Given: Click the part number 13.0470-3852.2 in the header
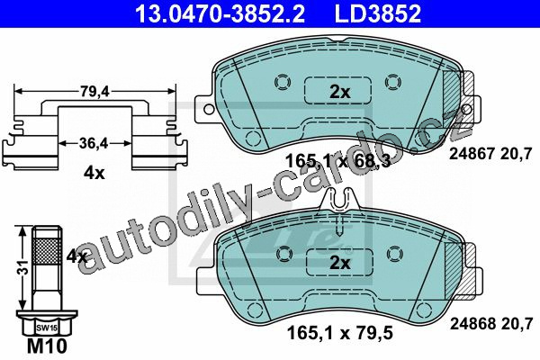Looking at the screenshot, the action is point(220,13).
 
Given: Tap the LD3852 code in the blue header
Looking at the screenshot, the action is point(378,13).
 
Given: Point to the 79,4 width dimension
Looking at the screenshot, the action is point(94,92).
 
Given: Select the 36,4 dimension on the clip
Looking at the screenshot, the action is point(94,143).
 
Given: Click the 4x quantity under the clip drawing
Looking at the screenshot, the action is point(94,174).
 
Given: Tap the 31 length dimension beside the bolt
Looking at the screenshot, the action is point(23,267).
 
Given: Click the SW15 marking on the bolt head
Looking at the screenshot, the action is point(47,328).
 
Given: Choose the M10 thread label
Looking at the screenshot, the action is point(47,346).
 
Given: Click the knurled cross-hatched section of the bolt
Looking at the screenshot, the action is point(47,251).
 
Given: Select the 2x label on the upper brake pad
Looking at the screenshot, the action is point(339,92).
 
